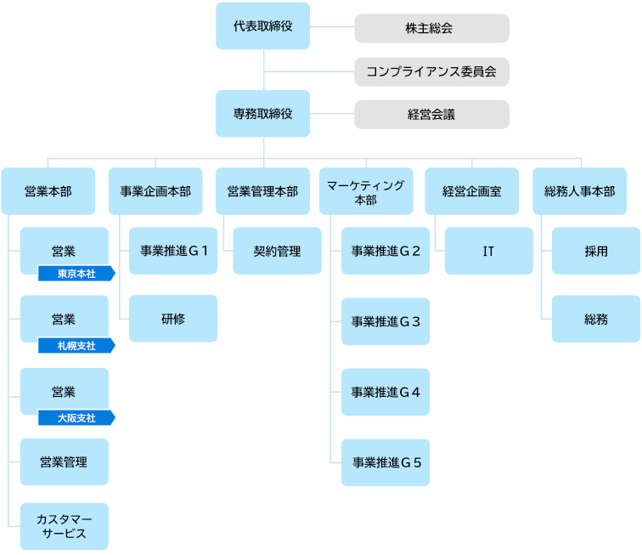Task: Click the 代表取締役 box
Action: point(263,25)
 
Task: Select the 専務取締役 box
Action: point(263,114)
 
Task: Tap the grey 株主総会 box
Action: point(431,28)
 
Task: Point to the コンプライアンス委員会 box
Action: point(431,71)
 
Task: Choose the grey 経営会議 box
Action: point(431,115)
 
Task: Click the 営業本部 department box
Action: point(48,191)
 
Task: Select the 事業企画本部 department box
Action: point(155,191)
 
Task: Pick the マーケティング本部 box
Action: point(366,191)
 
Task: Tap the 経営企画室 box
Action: point(471,191)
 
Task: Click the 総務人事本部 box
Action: point(579,191)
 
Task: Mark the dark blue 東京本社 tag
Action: point(76,274)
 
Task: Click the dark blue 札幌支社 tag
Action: point(76,346)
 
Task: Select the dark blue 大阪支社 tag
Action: point(76,417)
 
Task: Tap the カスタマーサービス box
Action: point(65,526)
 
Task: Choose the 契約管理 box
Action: point(277,251)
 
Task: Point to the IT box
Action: point(489,251)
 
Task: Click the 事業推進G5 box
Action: point(386,462)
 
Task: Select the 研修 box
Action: point(173,319)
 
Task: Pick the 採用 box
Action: point(596,251)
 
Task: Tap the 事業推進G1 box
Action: point(173,251)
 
